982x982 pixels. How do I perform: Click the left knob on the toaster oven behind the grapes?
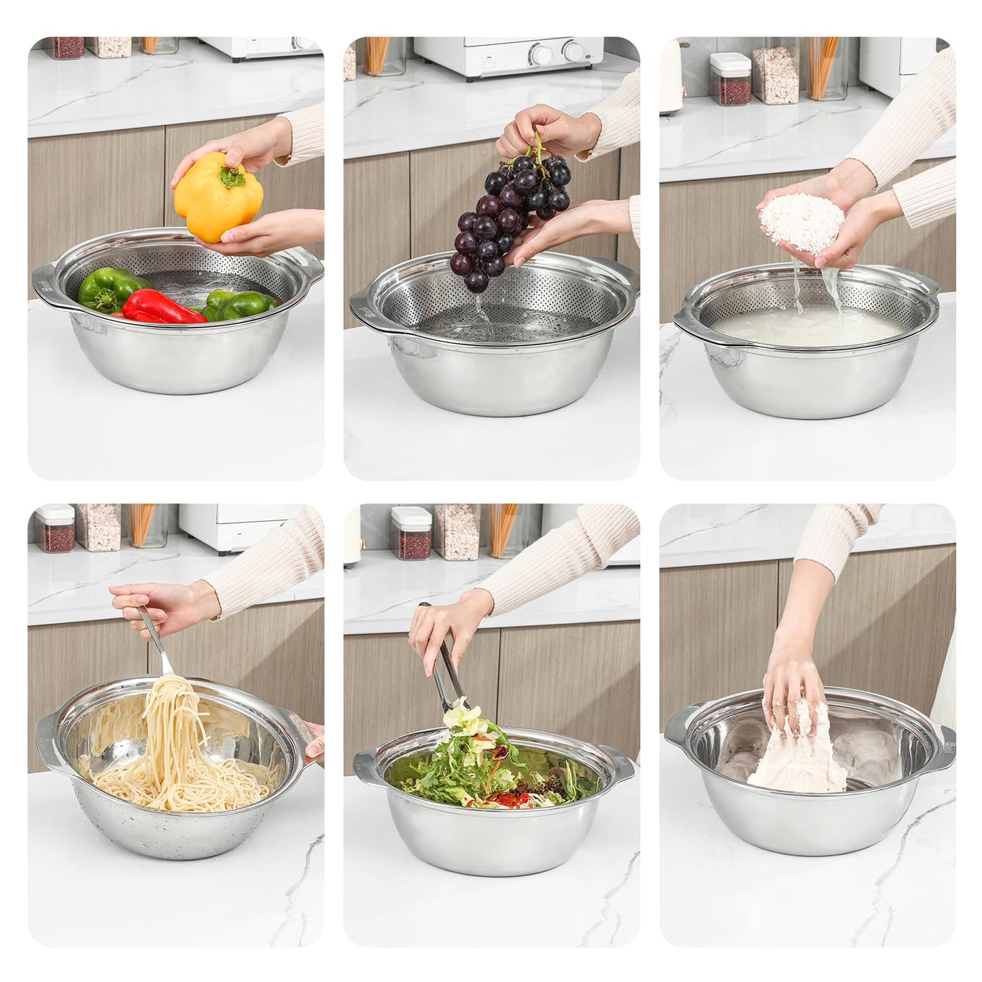[x=541, y=52]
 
